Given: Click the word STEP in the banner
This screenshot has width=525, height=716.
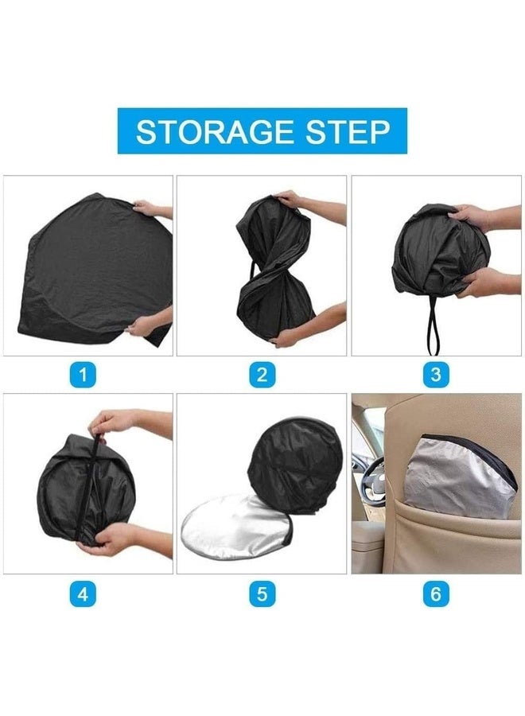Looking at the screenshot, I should coord(352,131).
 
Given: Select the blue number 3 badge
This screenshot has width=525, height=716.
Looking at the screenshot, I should coord(434,375).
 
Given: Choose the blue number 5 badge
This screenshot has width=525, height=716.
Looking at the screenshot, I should coord(262,593).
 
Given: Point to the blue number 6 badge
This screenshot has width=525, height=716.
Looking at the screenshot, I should coord(435,593).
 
